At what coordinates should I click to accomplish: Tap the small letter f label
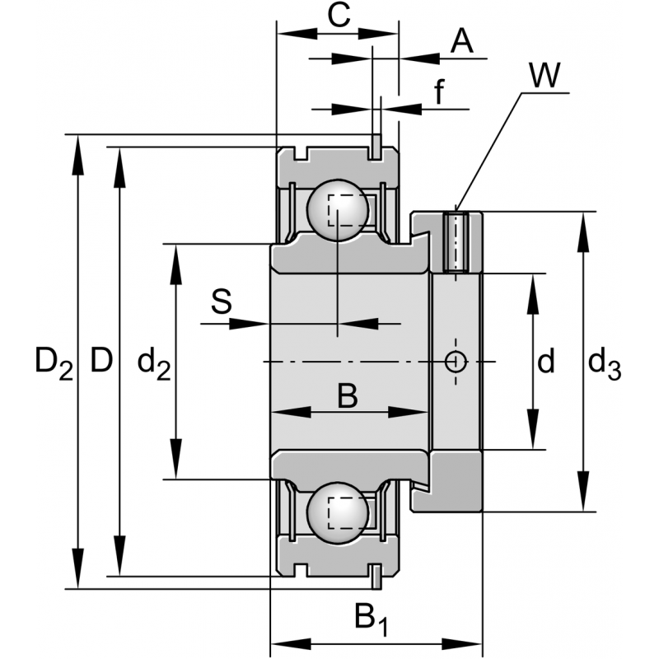[439, 92]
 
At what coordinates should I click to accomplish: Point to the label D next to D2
[100, 360]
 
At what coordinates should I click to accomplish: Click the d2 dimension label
[153, 362]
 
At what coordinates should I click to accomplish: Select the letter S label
[221, 302]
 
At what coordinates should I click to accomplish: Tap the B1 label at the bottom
[370, 617]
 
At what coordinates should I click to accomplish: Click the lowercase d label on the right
[545, 360]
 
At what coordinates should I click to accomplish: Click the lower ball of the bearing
[337, 512]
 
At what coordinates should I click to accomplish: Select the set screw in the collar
[456, 242]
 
